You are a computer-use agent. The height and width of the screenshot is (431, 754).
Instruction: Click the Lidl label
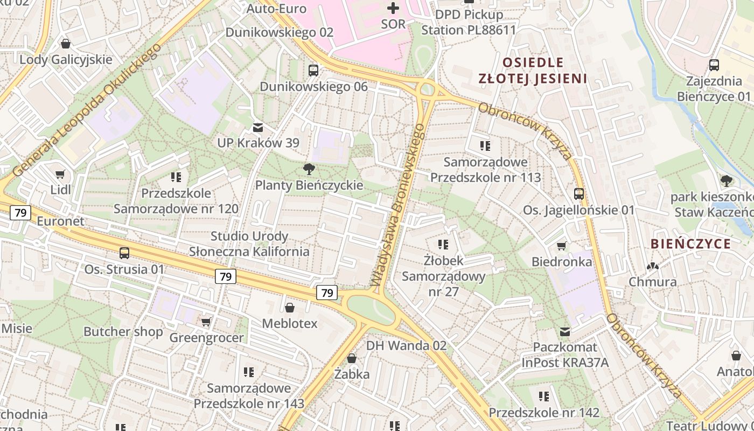(61, 190)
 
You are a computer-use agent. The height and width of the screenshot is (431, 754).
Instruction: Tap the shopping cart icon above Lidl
(60, 174)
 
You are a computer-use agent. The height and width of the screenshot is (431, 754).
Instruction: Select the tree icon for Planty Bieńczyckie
(309, 169)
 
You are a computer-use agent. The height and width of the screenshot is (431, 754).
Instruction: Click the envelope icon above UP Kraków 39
(258, 128)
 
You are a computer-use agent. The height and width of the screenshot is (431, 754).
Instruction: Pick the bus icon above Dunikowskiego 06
(313, 70)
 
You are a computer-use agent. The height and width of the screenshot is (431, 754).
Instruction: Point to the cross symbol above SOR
(393, 8)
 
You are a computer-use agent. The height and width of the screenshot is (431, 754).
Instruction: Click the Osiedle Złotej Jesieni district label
(533, 71)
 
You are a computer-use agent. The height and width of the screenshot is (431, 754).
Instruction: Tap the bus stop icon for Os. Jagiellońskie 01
(579, 194)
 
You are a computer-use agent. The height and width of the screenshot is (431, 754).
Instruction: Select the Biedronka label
(562, 262)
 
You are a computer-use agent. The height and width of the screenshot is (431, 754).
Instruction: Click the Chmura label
(653, 282)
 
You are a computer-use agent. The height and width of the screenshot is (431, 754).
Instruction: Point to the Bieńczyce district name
(690, 244)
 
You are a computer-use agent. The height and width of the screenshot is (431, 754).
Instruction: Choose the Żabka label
(352, 374)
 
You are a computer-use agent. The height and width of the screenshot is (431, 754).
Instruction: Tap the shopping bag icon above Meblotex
(290, 308)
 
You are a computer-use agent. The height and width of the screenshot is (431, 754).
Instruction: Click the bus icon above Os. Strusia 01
(124, 253)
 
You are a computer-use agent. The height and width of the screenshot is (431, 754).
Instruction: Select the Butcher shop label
(123, 331)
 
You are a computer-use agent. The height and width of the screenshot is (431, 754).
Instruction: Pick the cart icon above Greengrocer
(206, 322)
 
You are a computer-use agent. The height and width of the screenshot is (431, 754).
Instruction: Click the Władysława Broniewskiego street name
(399, 205)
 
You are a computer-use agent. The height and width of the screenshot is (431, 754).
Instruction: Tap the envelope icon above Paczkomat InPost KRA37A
(565, 332)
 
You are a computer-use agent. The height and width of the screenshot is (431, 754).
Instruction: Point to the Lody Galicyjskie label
(66, 59)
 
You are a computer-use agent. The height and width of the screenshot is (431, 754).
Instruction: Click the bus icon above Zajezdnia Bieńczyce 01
(714, 65)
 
